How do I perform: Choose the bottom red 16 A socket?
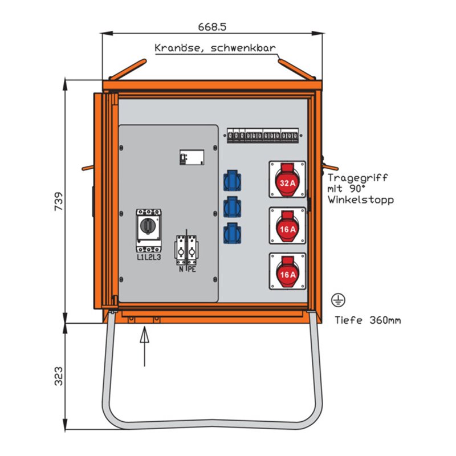pyautogui.click(x=287, y=271)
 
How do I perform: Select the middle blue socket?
pyautogui.click(x=232, y=206)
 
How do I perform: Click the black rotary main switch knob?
pyautogui.click(x=149, y=226)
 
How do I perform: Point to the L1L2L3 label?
pyautogui.click(x=149, y=258)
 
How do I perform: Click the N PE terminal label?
pyautogui.click(x=188, y=269)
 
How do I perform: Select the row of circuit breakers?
pyautogui.click(x=263, y=136)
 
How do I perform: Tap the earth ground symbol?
pyautogui.click(x=337, y=299)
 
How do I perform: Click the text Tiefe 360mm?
pyautogui.click(x=367, y=320)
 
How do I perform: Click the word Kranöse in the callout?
pyautogui.click(x=174, y=48)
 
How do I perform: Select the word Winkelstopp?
pyautogui.click(x=360, y=199)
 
